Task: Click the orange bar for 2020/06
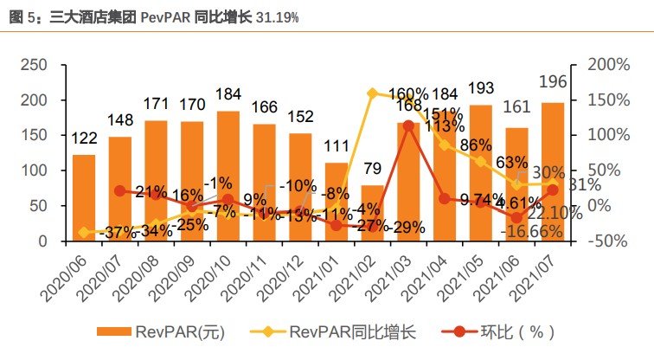tap(84, 198)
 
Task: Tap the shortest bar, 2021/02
tap(373, 214)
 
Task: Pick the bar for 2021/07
tap(553, 172)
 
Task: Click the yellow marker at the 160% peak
tap(373, 93)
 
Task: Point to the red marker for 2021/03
tap(408, 126)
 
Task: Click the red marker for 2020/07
tap(120, 190)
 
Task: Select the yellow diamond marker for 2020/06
tap(84, 232)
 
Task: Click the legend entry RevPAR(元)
tap(164, 331)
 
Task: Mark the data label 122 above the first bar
tap(84, 138)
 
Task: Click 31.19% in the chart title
tap(278, 16)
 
